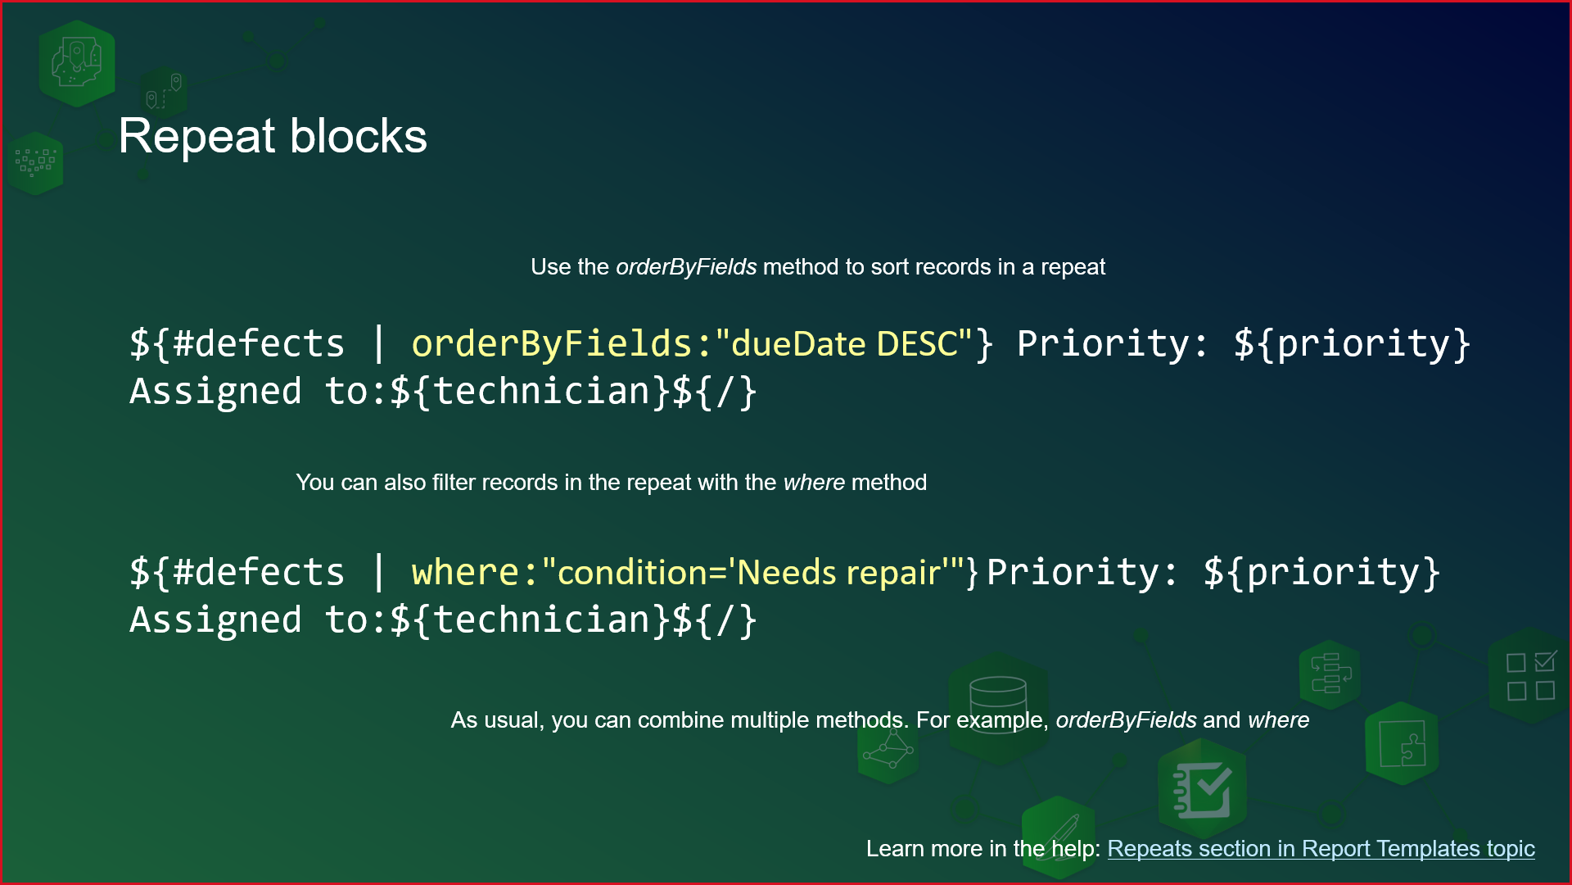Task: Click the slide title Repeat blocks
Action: click(x=273, y=136)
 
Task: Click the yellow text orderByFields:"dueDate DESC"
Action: click(x=691, y=343)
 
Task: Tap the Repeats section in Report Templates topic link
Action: click(x=1321, y=849)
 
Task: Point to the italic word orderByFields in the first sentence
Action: click(x=686, y=267)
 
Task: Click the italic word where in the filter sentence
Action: click(x=814, y=483)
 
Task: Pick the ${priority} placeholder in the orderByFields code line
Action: click(x=1352, y=343)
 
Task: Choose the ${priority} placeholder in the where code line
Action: click(x=1321, y=572)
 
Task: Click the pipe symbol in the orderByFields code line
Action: click(x=378, y=343)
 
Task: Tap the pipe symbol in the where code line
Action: click(x=378, y=572)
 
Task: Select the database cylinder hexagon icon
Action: click(x=998, y=705)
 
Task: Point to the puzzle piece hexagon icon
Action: click(x=1402, y=744)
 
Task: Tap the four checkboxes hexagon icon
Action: click(x=1529, y=676)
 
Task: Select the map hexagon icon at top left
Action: click(x=76, y=64)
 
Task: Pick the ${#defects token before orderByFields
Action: click(x=237, y=343)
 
